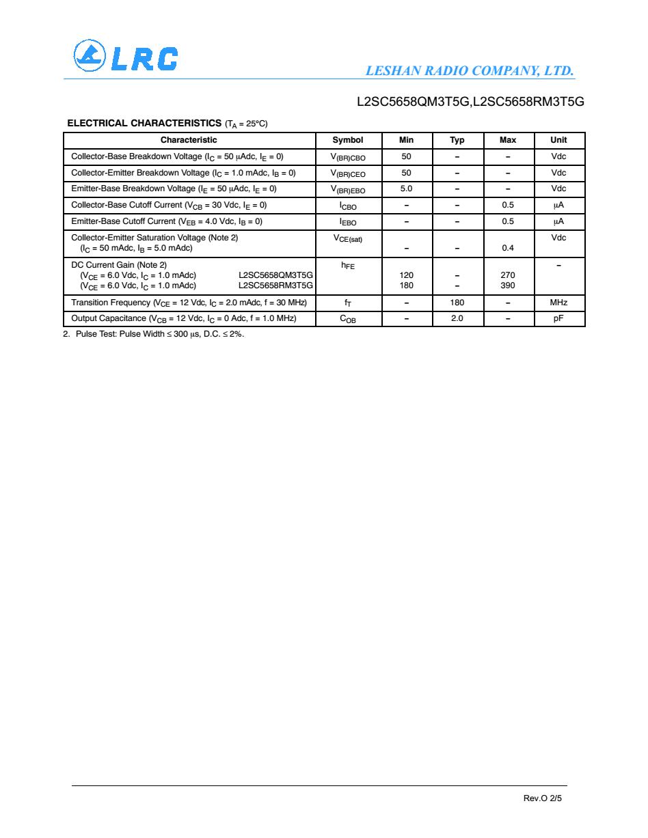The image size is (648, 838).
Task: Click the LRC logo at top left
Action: pyautogui.click(x=126, y=58)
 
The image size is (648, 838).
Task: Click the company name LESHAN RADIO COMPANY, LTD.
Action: pyautogui.click(x=470, y=71)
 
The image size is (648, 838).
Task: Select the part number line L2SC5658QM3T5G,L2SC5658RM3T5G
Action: pyautogui.click(x=471, y=102)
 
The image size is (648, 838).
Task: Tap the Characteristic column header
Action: pyautogui.click(x=189, y=140)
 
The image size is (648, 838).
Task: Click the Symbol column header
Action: pyautogui.click(x=348, y=140)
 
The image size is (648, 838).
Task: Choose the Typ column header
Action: pyautogui.click(x=457, y=140)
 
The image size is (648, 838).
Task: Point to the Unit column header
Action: pyautogui.click(x=558, y=140)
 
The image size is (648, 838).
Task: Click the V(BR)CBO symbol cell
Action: pyautogui.click(x=348, y=157)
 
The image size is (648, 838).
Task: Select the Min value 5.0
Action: pyautogui.click(x=406, y=188)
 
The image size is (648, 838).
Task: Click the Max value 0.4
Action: pyautogui.click(x=508, y=248)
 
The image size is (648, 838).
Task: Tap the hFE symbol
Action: pyautogui.click(x=348, y=266)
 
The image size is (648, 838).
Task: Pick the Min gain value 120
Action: pyautogui.click(x=406, y=275)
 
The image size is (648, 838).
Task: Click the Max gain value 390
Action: pyautogui.click(x=508, y=285)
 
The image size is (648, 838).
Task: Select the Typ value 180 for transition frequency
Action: pyautogui.click(x=457, y=303)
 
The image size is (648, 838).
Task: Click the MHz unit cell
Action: pyautogui.click(x=558, y=303)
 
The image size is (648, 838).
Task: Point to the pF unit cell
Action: pyautogui.click(x=558, y=318)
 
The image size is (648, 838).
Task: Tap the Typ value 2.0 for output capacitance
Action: pyautogui.click(x=457, y=318)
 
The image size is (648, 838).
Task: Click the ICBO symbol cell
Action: pyautogui.click(x=348, y=206)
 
